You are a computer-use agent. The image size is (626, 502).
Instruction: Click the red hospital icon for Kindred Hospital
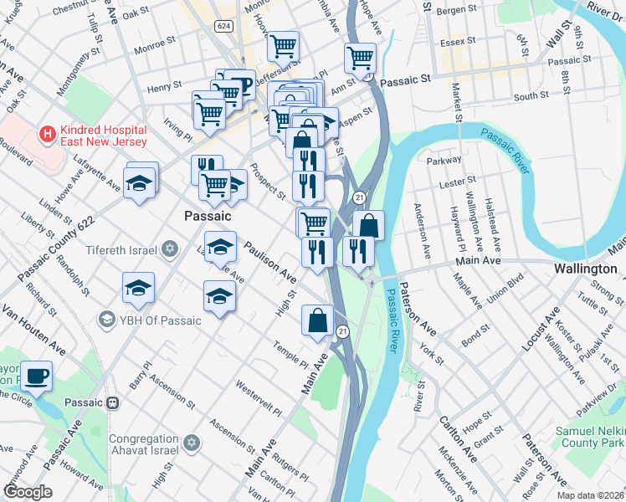tap(48, 133)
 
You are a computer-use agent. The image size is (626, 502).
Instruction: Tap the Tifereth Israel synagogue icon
tap(171, 249)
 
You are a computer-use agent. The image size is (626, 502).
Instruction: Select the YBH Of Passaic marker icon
tap(106, 320)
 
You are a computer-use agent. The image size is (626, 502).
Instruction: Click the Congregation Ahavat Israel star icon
tap(192, 442)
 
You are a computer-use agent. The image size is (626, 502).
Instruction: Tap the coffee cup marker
tap(36, 376)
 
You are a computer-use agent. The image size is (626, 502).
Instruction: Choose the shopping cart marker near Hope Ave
tap(361, 58)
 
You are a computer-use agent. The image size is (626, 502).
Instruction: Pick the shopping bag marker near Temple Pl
tap(318, 320)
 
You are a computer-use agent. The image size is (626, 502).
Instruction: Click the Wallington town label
tap(586, 269)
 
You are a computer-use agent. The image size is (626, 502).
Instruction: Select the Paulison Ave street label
tap(270, 261)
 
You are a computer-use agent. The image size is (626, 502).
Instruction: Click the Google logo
tap(28, 492)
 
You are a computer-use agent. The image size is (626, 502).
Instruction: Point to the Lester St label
tap(459, 179)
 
